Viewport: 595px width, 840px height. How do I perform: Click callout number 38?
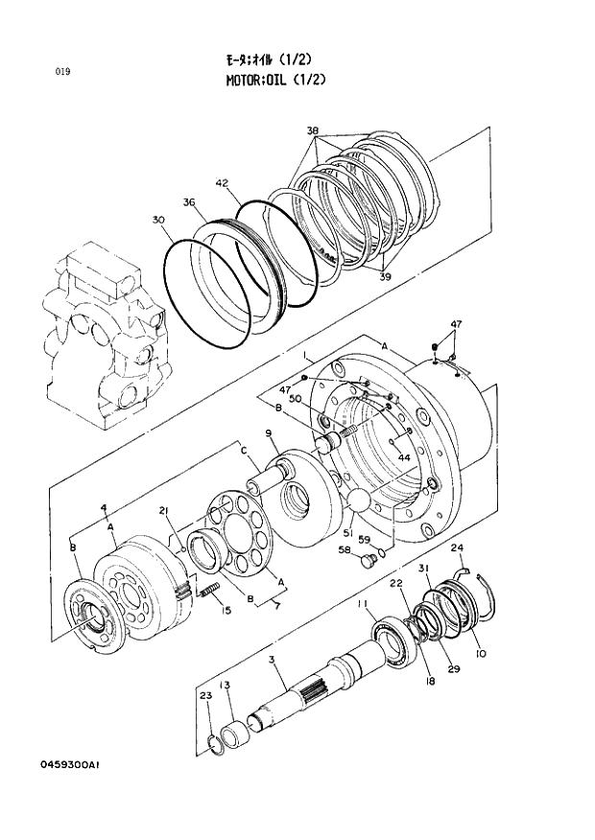click(313, 130)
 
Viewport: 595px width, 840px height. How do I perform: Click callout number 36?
click(189, 202)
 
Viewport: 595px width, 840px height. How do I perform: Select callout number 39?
click(386, 277)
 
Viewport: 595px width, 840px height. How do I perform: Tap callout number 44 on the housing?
click(404, 459)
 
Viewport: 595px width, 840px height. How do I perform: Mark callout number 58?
click(343, 549)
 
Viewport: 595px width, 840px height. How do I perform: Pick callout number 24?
click(458, 548)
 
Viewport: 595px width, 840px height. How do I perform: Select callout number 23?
click(204, 695)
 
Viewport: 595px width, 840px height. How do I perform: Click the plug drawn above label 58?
click(365, 562)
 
